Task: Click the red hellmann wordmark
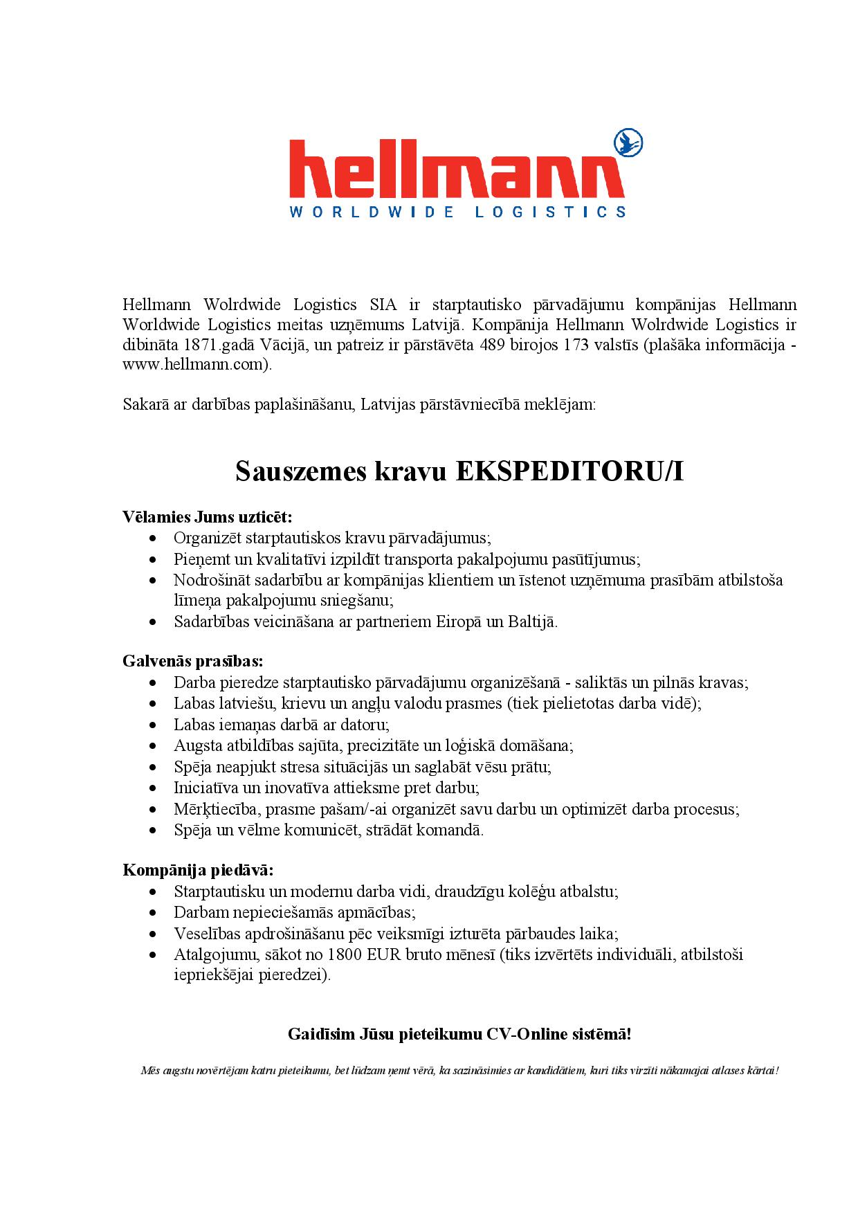[x=456, y=170]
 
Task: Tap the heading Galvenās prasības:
[x=193, y=661]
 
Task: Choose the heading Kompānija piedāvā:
[x=198, y=870]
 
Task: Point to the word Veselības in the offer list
[x=205, y=934]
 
